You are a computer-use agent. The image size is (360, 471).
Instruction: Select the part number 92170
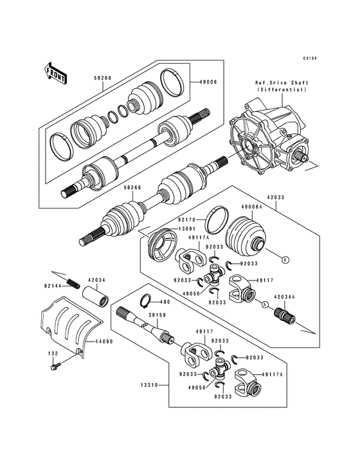click(x=187, y=219)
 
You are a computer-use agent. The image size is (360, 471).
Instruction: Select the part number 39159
click(x=156, y=315)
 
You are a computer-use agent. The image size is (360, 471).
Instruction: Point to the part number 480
click(x=165, y=301)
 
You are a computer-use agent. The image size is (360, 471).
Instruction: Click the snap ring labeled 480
click(x=145, y=300)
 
